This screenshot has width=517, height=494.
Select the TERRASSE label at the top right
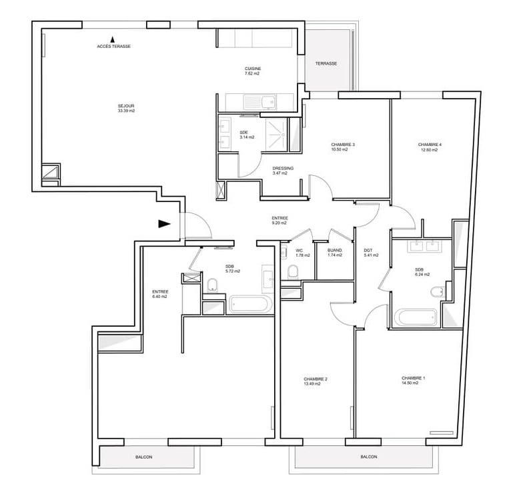pos(326,63)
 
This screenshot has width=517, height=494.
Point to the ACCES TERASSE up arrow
pos(112,40)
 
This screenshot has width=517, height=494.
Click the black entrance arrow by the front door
pos(164,223)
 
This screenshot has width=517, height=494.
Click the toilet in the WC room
pos(293,271)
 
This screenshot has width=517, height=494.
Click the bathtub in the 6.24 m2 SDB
pos(416,316)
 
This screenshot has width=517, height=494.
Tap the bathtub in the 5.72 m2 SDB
pos(250,305)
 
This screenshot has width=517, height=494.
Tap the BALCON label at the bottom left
pos(143,457)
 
